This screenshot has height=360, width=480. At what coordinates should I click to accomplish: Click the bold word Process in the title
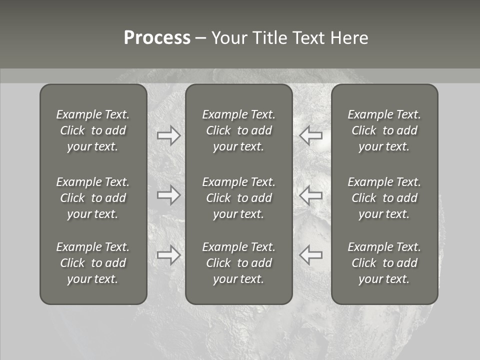[157, 38]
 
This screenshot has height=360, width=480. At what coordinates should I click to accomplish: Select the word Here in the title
[349, 38]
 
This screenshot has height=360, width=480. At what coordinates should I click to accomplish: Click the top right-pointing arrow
[169, 135]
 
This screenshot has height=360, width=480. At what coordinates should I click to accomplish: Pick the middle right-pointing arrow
[169, 195]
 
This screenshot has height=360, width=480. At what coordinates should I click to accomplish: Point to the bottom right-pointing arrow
[169, 255]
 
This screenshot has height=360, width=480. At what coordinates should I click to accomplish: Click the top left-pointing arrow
[311, 135]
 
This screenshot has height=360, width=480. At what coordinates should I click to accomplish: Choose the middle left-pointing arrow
[311, 195]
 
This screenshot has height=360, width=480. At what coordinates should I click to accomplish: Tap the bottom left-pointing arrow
[311, 255]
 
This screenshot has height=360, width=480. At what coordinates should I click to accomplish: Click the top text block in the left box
[93, 130]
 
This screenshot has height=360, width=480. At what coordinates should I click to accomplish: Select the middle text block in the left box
[93, 198]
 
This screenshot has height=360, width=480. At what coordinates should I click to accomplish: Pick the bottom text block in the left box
[93, 263]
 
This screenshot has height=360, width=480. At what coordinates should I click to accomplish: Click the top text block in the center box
[239, 130]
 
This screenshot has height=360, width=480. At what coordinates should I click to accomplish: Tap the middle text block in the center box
[239, 198]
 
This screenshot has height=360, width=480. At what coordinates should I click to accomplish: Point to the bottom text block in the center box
[239, 263]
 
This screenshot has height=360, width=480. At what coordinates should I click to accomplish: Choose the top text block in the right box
[384, 130]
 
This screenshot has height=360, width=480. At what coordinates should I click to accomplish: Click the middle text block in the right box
[384, 198]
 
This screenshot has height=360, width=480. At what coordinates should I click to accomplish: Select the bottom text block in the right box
[384, 263]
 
